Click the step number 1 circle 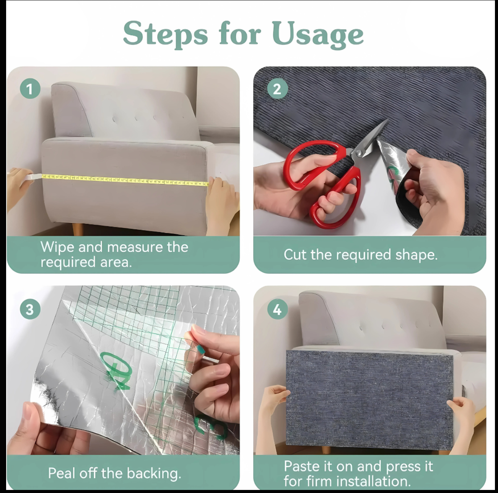[30, 88]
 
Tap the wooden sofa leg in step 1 [78, 229]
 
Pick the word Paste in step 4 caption [302, 466]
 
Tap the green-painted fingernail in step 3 [200, 350]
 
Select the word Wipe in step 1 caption [57, 247]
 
